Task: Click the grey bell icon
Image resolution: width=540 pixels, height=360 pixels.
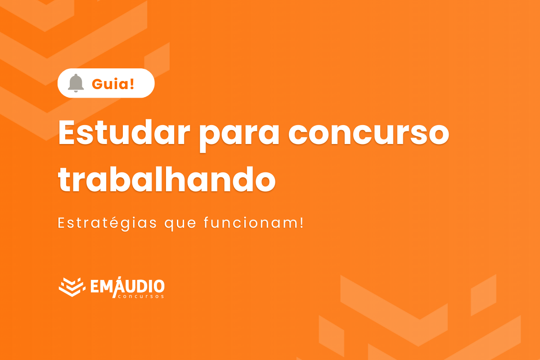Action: pyautogui.click(x=76, y=83)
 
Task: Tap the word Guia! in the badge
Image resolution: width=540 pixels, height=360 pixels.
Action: pyautogui.click(x=113, y=83)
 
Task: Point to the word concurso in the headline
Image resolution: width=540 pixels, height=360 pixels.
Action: pyautogui.click(x=369, y=133)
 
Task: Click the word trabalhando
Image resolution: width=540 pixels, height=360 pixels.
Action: pyautogui.click(x=166, y=179)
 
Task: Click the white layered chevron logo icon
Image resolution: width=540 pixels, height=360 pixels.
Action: pyautogui.click(x=72, y=287)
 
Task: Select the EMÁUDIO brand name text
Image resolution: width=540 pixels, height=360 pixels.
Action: pyautogui.click(x=127, y=285)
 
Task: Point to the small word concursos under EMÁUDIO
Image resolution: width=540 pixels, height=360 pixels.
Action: pyautogui.click(x=140, y=297)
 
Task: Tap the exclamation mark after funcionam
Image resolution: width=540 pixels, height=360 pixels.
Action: pyautogui.click(x=301, y=222)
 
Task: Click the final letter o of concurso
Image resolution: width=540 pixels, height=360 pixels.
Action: pyautogui.click(x=436, y=134)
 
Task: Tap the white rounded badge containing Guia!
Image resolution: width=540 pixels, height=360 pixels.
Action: pyautogui.click(x=106, y=83)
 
